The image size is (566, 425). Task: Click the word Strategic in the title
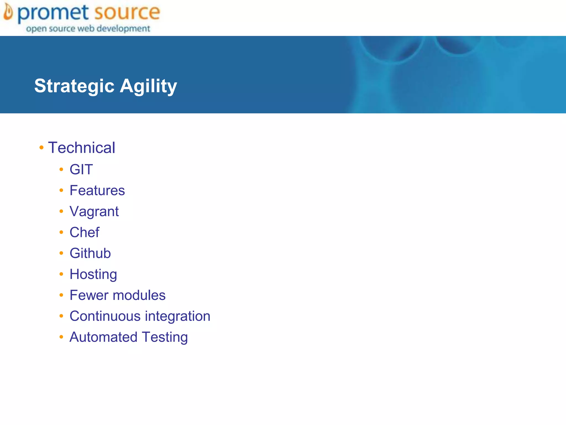click(x=74, y=86)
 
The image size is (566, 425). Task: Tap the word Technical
click(x=82, y=147)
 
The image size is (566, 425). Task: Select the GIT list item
click(x=81, y=169)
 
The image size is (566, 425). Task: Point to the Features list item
click(x=97, y=190)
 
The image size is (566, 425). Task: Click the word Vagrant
click(x=94, y=212)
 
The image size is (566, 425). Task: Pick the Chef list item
click(x=84, y=232)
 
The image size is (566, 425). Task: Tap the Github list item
click(x=90, y=253)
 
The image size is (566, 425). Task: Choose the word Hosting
click(x=93, y=274)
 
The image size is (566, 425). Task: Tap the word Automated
click(x=103, y=337)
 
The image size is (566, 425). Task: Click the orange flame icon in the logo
click(x=8, y=12)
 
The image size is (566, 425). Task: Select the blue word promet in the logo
click(x=53, y=13)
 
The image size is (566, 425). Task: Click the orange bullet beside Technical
click(x=41, y=147)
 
